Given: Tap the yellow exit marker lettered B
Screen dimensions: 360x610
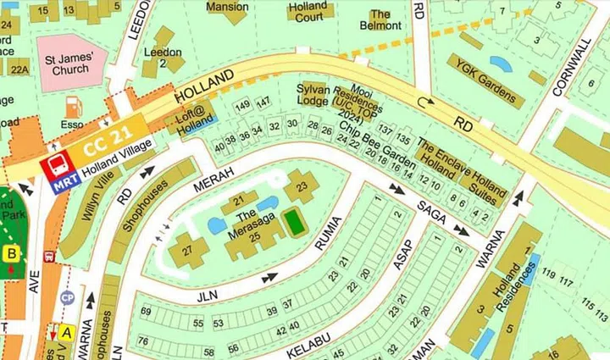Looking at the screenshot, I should [x=13, y=252].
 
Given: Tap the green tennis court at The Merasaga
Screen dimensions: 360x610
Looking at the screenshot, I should [x=293, y=223].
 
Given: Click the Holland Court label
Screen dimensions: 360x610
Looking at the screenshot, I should [x=310, y=11].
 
